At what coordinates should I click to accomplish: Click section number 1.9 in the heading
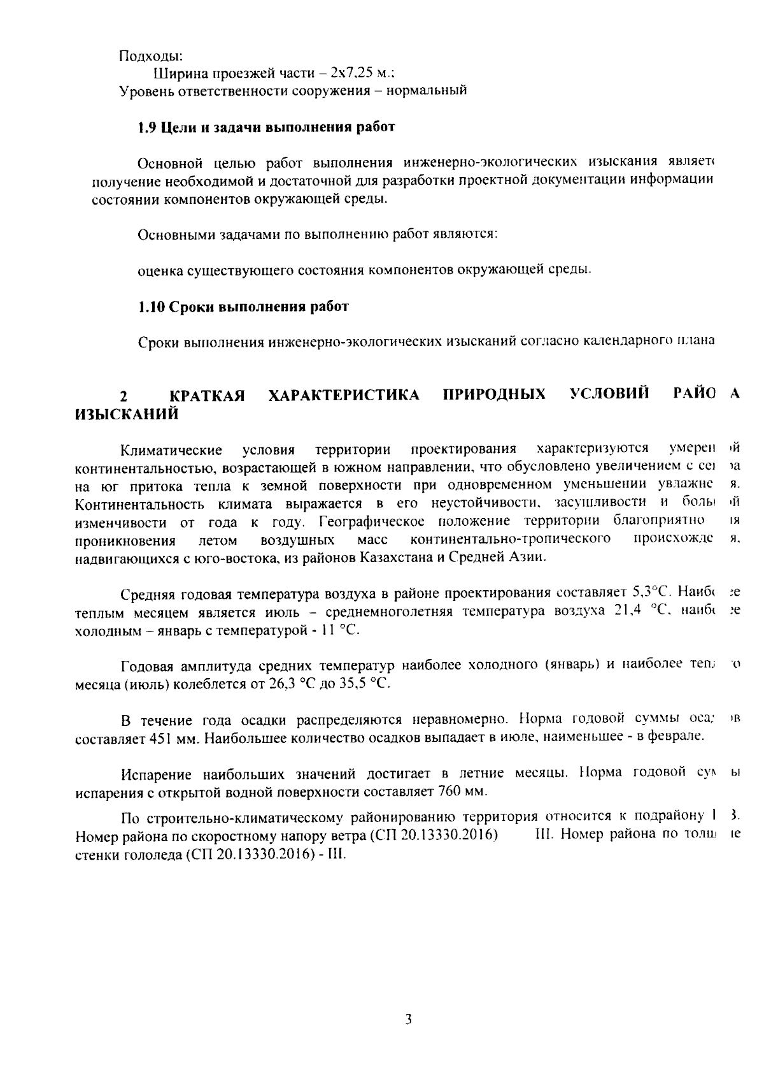click(x=148, y=127)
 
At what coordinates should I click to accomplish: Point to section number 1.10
click(x=152, y=307)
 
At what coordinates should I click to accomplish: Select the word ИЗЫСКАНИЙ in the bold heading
click(x=126, y=415)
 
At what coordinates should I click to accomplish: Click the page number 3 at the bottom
click(x=408, y=1019)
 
